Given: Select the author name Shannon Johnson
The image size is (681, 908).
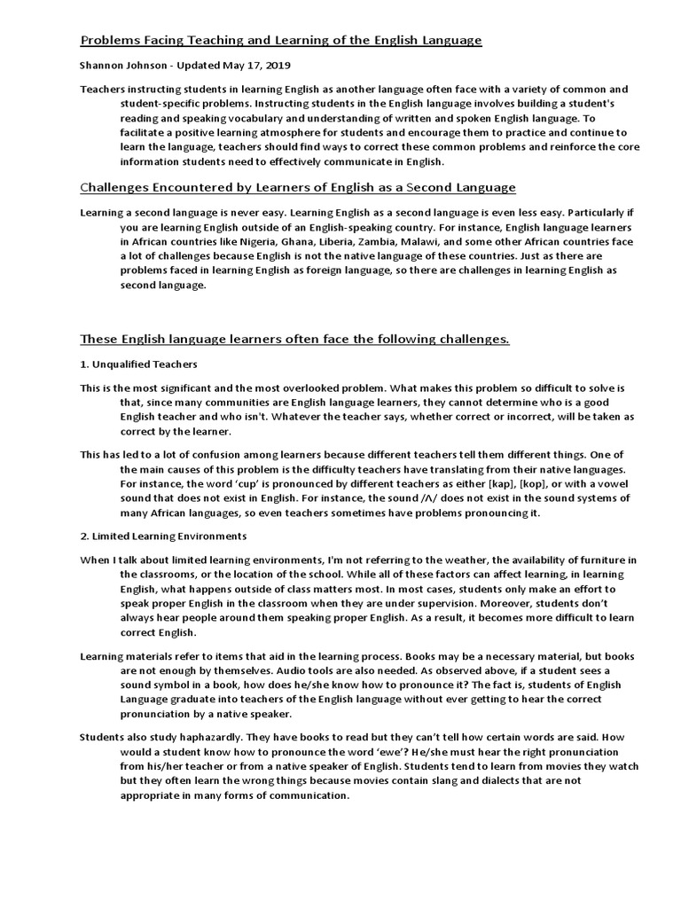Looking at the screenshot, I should coord(121,66).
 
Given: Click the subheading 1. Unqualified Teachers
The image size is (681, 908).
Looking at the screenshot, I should coord(138,364).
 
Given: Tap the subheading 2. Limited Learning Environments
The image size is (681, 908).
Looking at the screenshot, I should coord(164,536).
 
